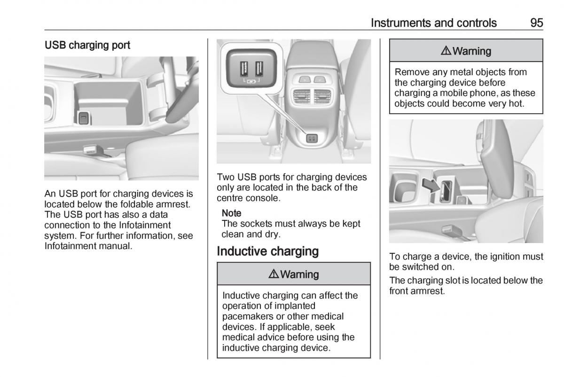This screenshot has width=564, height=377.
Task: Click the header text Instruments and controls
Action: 433,23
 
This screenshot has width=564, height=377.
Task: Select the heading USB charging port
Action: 87,46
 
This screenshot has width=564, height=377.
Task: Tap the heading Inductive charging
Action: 268,251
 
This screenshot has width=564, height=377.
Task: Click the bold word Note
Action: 231,212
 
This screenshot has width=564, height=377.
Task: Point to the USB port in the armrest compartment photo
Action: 84,118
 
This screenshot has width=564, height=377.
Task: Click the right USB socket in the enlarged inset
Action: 258,69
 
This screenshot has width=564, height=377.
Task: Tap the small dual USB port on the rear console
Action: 312,138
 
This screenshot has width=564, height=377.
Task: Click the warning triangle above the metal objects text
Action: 445,51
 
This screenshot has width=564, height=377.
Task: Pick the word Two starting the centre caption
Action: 226,177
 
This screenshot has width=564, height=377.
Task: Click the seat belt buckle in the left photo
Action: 91,150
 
